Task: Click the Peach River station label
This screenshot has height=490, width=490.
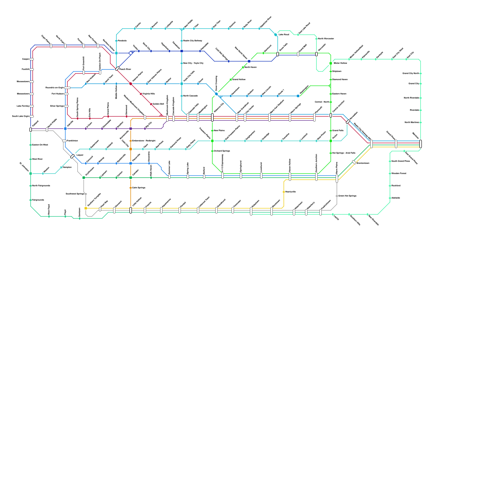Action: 125,69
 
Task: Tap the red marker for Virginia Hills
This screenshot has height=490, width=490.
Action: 141,94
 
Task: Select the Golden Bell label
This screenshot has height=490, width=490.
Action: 158,104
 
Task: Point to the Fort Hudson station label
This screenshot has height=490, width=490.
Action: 58,94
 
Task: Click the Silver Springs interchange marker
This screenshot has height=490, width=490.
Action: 66,106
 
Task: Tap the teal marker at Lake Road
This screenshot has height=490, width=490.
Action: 276,35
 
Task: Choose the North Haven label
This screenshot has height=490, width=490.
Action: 251,67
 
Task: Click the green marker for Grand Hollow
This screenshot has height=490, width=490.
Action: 231,80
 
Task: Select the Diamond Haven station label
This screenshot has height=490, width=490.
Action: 340,79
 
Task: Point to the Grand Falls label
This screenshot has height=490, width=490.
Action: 338,130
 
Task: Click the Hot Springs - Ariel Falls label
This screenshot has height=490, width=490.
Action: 344,153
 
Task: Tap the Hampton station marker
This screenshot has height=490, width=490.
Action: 61,167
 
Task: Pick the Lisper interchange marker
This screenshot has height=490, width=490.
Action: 72,156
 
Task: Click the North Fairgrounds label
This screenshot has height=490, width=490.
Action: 41,186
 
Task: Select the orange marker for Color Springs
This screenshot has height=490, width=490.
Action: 131,188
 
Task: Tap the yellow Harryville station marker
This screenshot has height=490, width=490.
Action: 284,192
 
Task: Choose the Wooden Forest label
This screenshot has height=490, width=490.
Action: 399,173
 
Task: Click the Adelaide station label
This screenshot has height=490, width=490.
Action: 396,198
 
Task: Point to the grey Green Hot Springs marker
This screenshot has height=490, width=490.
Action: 337,196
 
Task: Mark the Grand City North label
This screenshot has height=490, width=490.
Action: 411,73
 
